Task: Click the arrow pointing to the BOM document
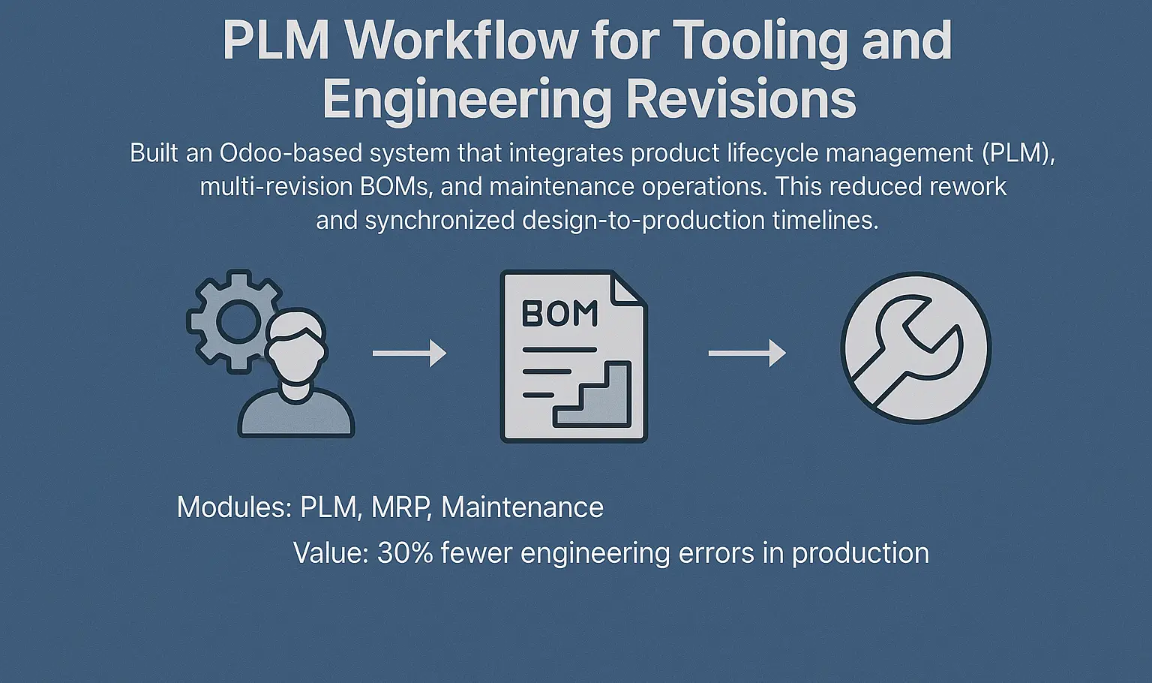point(409,353)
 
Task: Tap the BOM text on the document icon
point(560,313)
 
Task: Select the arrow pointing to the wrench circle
point(747,353)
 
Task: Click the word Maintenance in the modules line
point(523,507)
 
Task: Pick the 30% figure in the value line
point(405,553)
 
